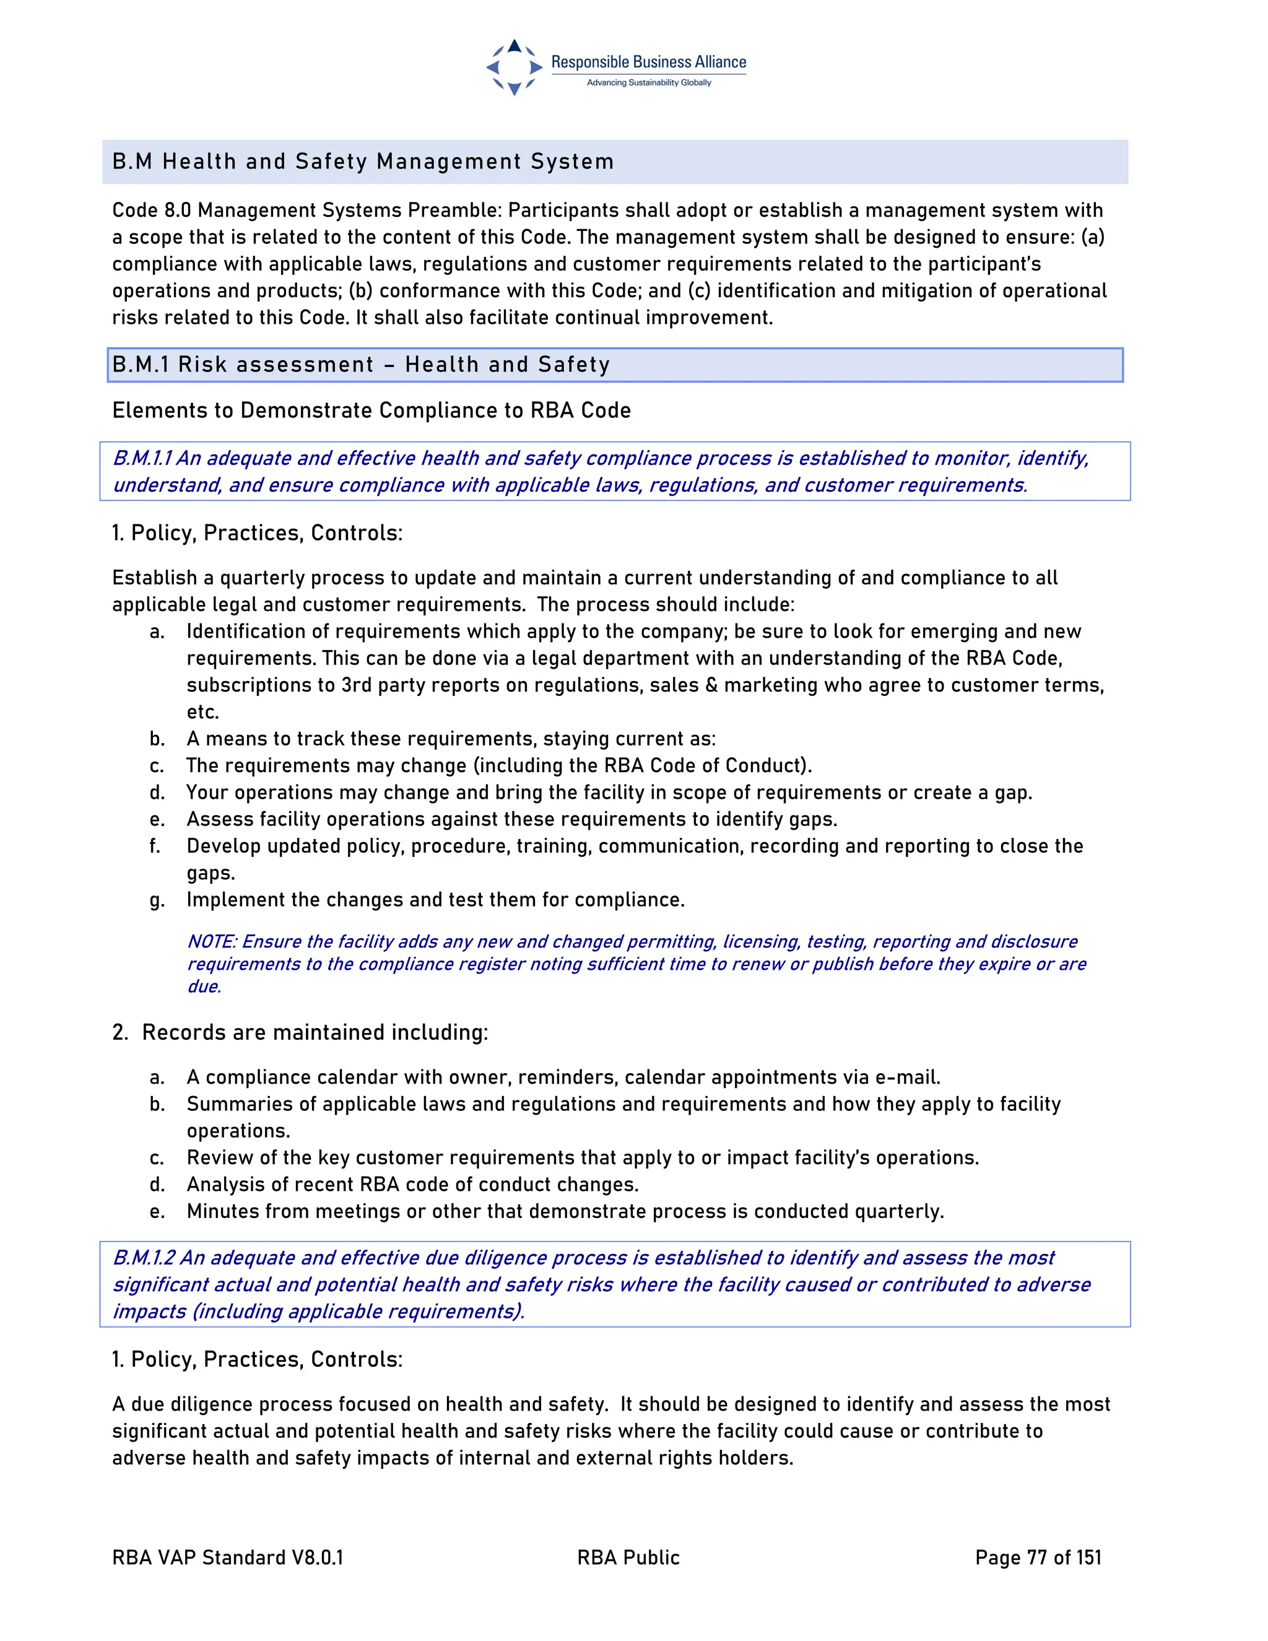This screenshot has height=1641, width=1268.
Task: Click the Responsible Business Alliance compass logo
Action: pyautogui.click(x=514, y=67)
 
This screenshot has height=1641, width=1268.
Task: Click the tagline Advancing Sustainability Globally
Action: pyautogui.click(x=648, y=82)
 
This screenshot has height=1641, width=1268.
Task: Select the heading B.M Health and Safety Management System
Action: pyautogui.click(x=363, y=162)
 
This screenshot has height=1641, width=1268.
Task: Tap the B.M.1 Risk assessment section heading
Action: pyautogui.click(x=360, y=364)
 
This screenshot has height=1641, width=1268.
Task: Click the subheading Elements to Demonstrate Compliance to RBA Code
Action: pyautogui.click(x=371, y=410)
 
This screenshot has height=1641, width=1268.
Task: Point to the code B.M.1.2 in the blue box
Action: pyautogui.click(x=144, y=1258)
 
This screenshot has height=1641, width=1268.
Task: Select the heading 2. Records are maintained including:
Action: pyautogui.click(x=300, y=1032)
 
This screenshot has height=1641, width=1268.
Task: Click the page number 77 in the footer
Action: pyautogui.click(x=1036, y=1557)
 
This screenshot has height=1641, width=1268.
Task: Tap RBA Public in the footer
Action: pyautogui.click(x=628, y=1557)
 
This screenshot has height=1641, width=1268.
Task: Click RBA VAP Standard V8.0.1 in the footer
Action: pyautogui.click(x=228, y=1557)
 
